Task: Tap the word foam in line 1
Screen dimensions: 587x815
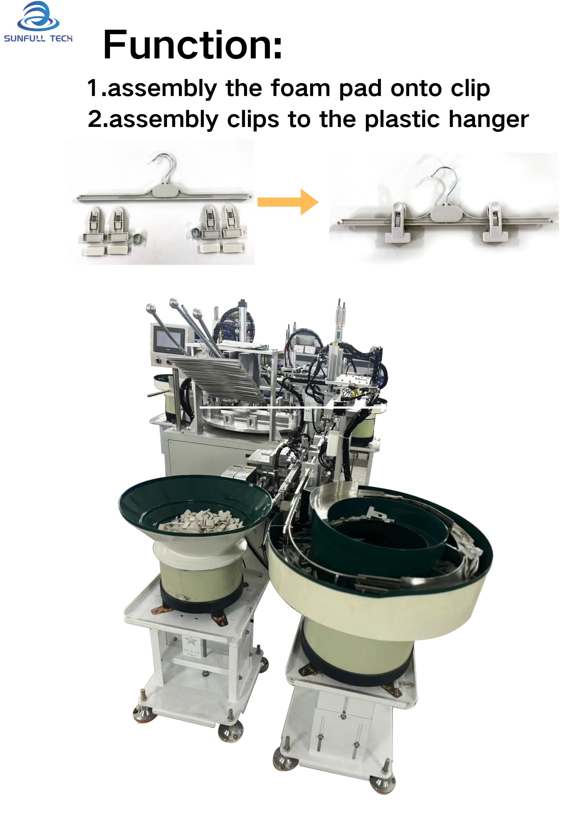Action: [300, 88]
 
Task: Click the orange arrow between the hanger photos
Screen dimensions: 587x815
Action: [288, 202]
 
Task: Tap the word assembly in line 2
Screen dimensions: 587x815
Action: [163, 120]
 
